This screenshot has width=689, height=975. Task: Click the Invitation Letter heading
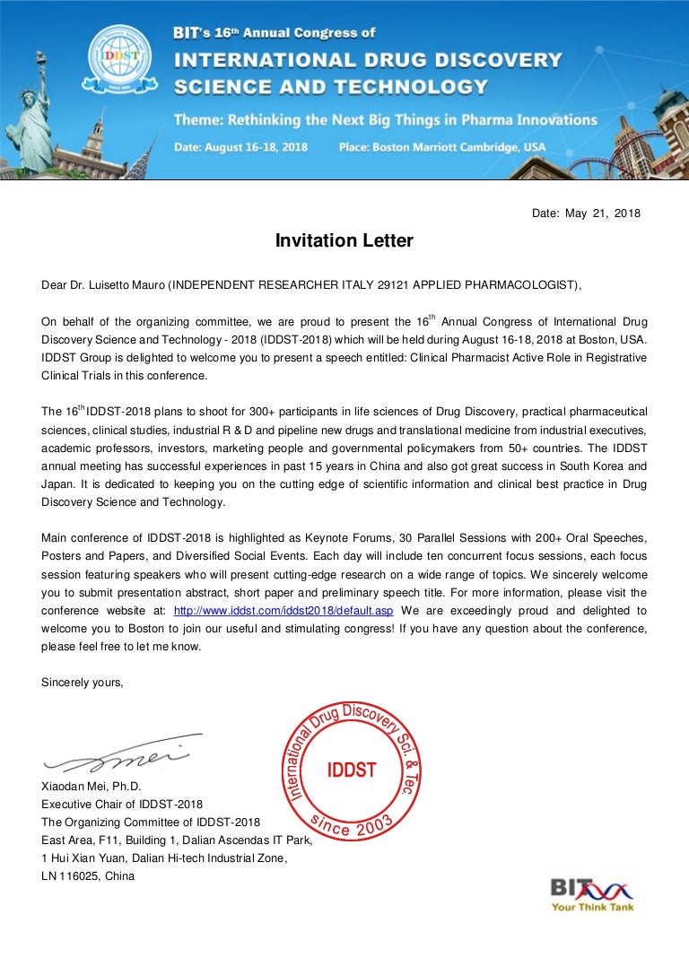344,240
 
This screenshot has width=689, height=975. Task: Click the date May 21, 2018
586,213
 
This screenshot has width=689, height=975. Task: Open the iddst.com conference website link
283,611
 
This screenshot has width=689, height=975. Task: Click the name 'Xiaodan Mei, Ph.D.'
92,787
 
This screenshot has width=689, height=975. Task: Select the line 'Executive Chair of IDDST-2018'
122,804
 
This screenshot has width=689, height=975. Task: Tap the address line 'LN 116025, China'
88,876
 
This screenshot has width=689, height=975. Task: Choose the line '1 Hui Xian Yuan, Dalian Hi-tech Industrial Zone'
164,858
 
